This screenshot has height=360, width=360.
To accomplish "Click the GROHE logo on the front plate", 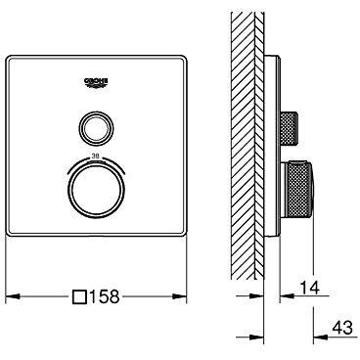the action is (96, 82).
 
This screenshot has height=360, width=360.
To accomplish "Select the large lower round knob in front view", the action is (96, 191).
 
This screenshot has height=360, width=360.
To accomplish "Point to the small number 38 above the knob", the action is (96, 157).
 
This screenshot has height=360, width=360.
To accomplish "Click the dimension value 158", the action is (104, 296).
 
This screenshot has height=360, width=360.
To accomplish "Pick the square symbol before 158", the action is (79, 296).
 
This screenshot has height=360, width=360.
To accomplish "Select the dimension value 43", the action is (341, 327).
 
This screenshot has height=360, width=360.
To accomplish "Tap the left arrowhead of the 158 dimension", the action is (13, 296).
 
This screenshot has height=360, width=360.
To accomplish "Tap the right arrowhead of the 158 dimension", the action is (180, 296).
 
